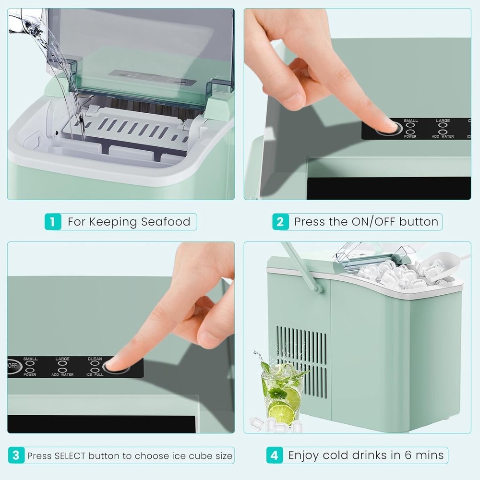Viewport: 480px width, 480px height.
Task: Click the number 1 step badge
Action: point(53,222)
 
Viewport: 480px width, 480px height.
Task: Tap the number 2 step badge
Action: point(281,222)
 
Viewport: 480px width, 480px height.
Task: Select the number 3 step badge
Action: point(16,455)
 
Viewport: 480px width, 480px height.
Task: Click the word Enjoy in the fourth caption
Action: point(304,455)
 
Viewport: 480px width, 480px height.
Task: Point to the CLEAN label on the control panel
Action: point(95,359)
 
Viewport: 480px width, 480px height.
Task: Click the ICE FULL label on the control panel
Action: point(95,374)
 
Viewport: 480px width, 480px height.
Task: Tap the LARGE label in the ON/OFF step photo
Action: point(443,121)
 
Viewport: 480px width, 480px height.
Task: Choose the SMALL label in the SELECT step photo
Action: point(30,359)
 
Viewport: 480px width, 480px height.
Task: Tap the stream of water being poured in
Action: point(60,72)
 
